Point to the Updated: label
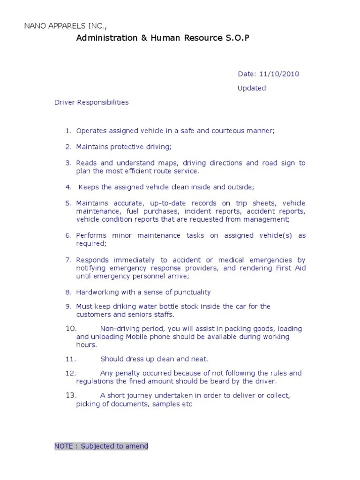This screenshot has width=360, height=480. (x=252, y=88)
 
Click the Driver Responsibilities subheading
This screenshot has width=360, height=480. (x=91, y=102)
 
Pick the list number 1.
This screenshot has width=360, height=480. (x=68, y=131)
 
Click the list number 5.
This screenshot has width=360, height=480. (x=68, y=203)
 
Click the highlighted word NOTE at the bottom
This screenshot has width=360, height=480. (x=64, y=446)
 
